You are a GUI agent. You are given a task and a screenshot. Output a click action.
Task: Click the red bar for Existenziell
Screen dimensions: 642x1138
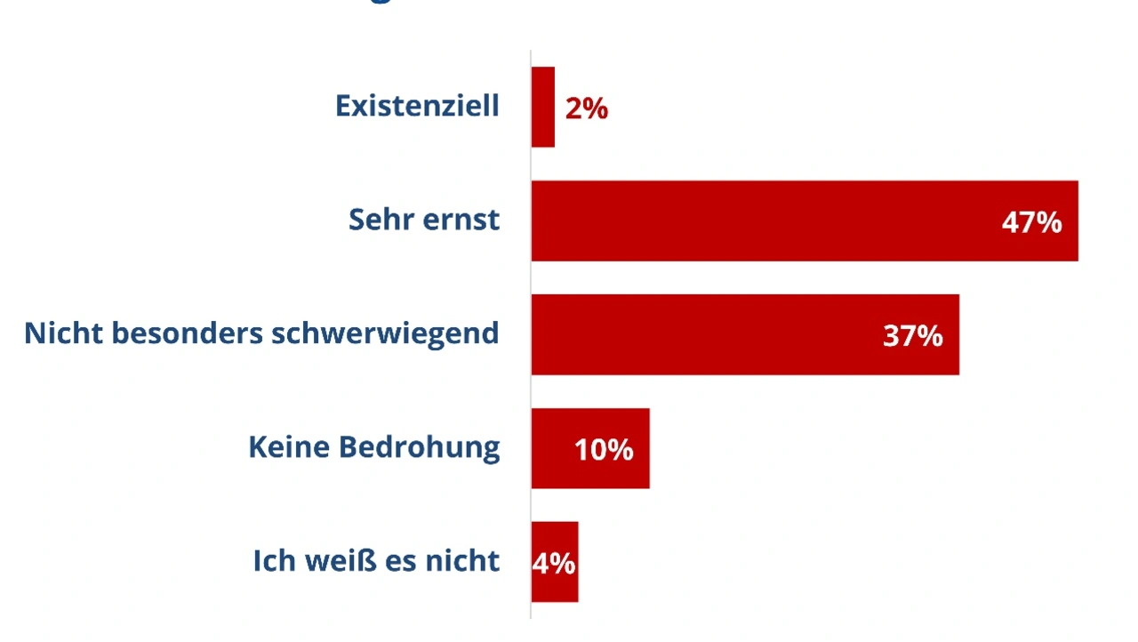tap(543, 107)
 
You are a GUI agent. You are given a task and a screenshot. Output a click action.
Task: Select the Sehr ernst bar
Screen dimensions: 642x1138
tap(765, 221)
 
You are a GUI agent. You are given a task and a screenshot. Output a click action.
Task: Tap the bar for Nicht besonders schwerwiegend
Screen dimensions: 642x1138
tap(711, 334)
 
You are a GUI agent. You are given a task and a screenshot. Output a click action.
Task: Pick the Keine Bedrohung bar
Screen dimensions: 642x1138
tap(551, 448)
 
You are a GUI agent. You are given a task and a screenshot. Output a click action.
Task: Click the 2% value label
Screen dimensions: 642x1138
tap(587, 108)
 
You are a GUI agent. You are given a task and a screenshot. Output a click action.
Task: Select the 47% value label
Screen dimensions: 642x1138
tap(1031, 222)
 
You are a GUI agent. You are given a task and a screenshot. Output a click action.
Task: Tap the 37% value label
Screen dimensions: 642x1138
tap(912, 336)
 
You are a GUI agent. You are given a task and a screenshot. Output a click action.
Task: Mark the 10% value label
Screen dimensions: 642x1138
tap(604, 450)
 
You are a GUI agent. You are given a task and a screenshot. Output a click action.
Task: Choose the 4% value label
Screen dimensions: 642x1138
tap(554, 564)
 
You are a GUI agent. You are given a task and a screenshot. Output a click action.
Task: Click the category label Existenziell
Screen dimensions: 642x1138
tap(417, 106)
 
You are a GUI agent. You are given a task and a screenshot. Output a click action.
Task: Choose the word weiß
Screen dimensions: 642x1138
tap(337, 561)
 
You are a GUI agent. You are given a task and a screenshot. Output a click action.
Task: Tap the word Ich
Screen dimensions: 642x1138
tap(270, 561)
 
